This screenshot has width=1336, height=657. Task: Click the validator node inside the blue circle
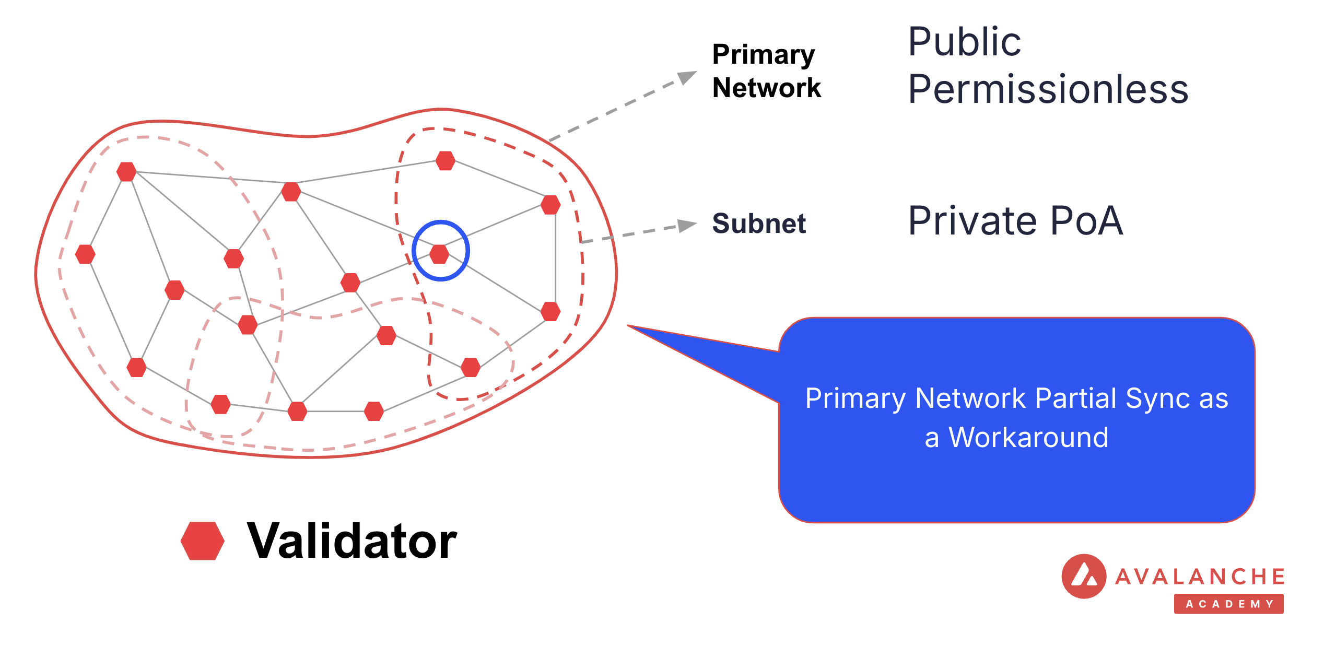439,254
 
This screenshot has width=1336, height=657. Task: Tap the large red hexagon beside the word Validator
203,541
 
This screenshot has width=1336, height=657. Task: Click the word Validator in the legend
352,542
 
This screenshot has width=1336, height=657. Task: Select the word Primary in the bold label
763,55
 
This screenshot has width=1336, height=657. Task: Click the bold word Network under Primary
766,88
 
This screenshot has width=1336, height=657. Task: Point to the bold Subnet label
759,224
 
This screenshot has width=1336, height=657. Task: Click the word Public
964,42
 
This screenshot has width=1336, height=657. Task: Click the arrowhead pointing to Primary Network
687,77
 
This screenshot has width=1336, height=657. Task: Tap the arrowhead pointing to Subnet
687,225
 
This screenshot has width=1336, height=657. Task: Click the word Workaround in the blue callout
1028,438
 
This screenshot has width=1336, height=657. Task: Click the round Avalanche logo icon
1084,576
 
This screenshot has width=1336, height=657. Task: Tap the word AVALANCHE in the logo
1200,577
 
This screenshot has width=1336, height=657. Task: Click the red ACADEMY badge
1228,604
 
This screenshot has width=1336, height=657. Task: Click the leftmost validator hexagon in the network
85,254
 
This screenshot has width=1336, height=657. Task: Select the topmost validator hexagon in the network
446,160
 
